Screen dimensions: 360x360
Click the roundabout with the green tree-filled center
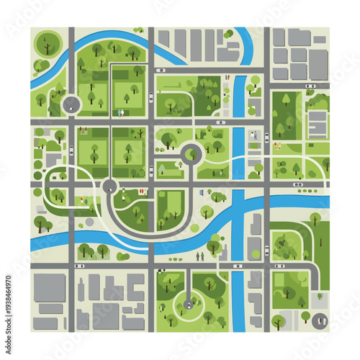(x=192, y=152)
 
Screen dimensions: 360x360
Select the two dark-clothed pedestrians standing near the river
(x=201, y=255)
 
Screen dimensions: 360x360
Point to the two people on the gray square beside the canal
(x=253, y=135)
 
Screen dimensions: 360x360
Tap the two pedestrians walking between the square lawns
(x=120, y=112)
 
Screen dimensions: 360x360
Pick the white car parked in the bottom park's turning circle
(x=189, y=305)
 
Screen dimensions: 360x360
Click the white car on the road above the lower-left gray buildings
(x=79, y=266)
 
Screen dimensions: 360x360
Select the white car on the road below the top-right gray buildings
(x=310, y=86)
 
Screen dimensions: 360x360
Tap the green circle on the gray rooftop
(x=229, y=34)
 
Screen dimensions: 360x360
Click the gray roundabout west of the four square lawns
(x=71, y=105)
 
